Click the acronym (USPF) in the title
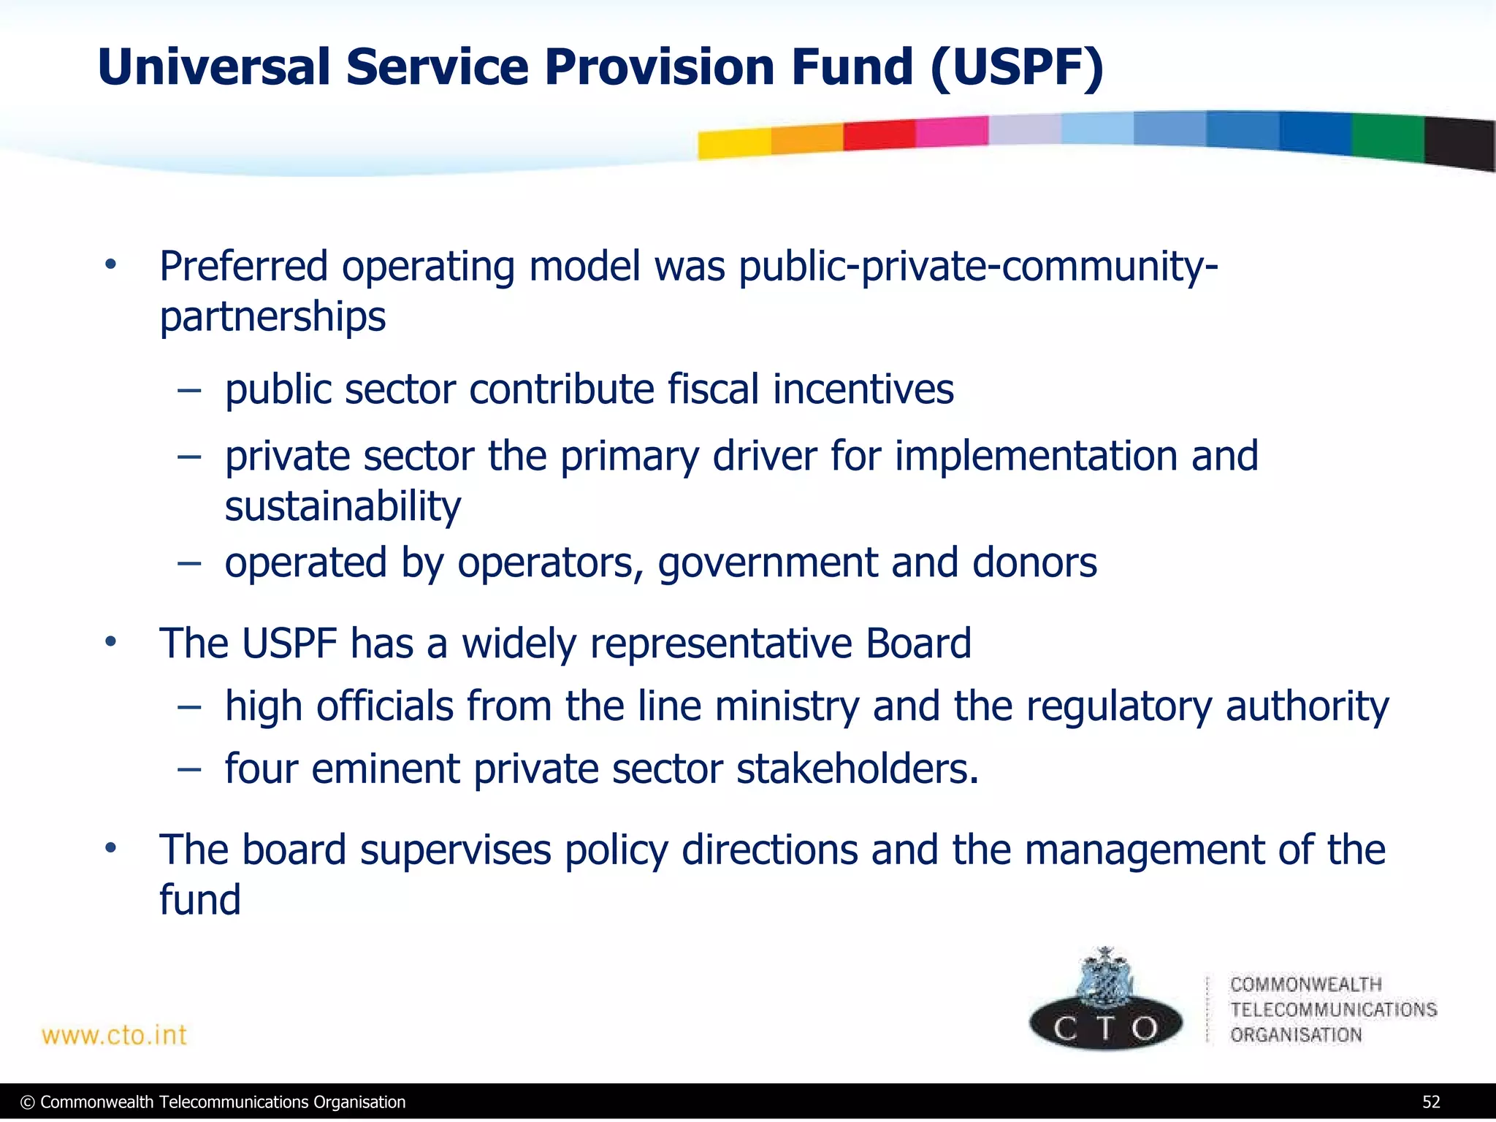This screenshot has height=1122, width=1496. pyautogui.click(x=1017, y=67)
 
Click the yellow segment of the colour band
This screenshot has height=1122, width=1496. pyautogui.click(x=734, y=143)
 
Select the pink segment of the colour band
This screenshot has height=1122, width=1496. pyautogui.click(x=951, y=131)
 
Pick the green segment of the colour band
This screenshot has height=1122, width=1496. pyautogui.click(x=1387, y=137)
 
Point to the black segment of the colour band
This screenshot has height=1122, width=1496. pyautogui.click(x=1459, y=143)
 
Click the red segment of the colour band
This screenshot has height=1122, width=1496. pyautogui.click(x=879, y=135)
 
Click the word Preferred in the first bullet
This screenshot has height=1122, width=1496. pyautogui.click(x=243, y=266)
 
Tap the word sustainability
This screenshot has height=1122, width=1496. pyautogui.click(x=343, y=506)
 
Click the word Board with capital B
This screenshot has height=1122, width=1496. pyautogui.click(x=918, y=643)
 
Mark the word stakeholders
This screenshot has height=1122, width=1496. pyautogui.click(x=857, y=769)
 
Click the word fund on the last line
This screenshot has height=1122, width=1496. pyautogui.click(x=199, y=899)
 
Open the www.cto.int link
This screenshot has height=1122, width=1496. pyautogui.click(x=114, y=1035)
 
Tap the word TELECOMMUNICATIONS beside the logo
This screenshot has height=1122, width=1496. pyautogui.click(x=1333, y=1010)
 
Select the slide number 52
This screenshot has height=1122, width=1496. pyautogui.click(x=1430, y=1102)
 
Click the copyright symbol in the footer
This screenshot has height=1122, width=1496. pyautogui.click(x=28, y=1102)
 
